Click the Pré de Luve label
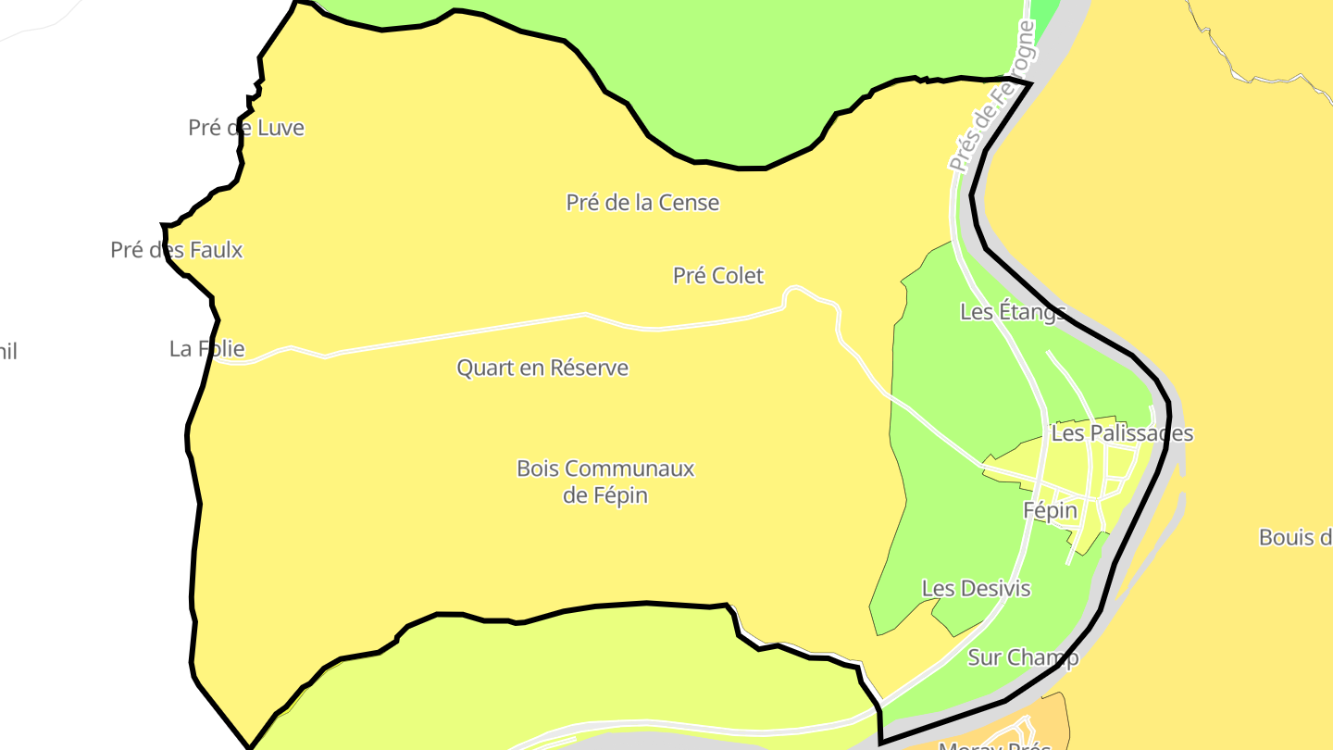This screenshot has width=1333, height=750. pyautogui.click(x=246, y=128)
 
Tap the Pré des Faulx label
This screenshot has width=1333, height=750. pyautogui.click(x=177, y=250)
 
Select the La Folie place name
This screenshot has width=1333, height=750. pyautogui.click(x=206, y=349)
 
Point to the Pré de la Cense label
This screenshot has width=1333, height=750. pyautogui.click(x=642, y=203)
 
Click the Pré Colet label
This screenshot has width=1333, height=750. pyautogui.click(x=718, y=276)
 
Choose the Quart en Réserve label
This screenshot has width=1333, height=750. pyautogui.click(x=542, y=369)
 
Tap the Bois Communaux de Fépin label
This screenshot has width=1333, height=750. pyautogui.click(x=605, y=481)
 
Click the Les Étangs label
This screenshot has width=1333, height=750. pyautogui.click(x=1013, y=312)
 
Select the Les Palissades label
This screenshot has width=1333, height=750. pyautogui.click(x=1122, y=433)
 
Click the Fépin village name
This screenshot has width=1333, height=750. pyautogui.click(x=1051, y=511)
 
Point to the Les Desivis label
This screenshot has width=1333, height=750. pyautogui.click(x=976, y=589)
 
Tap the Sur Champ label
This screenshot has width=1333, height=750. pyautogui.click(x=1023, y=658)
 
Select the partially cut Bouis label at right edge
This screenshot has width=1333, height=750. pyautogui.click(x=1295, y=538)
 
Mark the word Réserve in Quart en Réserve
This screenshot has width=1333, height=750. pyautogui.click(x=589, y=369)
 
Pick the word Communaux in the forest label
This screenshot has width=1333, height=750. pyautogui.click(x=631, y=469)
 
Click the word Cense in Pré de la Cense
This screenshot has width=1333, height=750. pyautogui.click(x=690, y=203)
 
